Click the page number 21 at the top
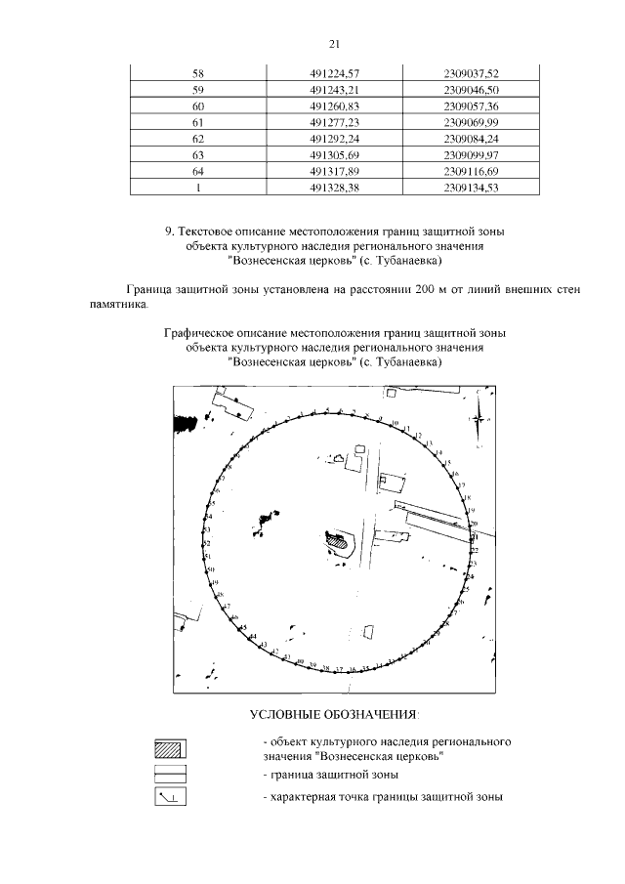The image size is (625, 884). click(x=334, y=44)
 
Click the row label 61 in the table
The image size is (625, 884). click(x=198, y=121)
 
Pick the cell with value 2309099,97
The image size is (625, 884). click(x=471, y=154)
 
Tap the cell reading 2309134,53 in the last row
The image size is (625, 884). click(x=471, y=188)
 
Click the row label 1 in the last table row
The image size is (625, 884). click(x=198, y=188)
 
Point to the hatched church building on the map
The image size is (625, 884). click(x=336, y=536)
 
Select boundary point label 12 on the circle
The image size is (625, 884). click(x=417, y=434)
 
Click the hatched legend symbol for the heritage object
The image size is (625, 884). click(x=170, y=749)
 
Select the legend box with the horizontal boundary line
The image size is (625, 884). click(x=170, y=774)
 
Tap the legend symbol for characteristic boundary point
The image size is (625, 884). click(x=170, y=797)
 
